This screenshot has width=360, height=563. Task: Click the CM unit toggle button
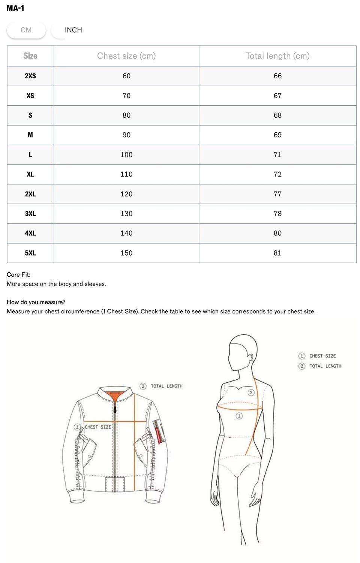pyautogui.click(x=26, y=30)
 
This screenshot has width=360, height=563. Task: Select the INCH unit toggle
pyautogui.click(x=73, y=30)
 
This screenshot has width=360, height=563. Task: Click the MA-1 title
pyautogui.click(x=15, y=8)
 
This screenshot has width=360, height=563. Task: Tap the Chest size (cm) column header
pyautogui.click(x=126, y=56)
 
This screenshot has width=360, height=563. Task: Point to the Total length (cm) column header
pyautogui.click(x=277, y=56)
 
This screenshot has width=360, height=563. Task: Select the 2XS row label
pyautogui.click(x=30, y=76)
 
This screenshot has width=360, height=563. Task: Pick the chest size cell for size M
pyautogui.click(x=126, y=135)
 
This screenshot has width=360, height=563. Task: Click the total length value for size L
pyautogui.click(x=277, y=155)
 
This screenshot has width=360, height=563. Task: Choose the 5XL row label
pyautogui.click(x=30, y=253)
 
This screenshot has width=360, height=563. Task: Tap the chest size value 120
pyautogui.click(x=126, y=194)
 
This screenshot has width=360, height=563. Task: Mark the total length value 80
pyautogui.click(x=277, y=233)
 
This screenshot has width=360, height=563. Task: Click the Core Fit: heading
pyautogui.click(x=19, y=275)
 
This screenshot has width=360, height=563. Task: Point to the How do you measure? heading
pyautogui.click(x=36, y=302)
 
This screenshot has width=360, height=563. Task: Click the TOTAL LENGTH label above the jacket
pyautogui.click(x=166, y=386)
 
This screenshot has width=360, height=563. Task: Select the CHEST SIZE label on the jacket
pyautogui.click(x=97, y=427)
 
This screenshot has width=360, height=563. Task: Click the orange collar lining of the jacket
pyautogui.click(x=115, y=394)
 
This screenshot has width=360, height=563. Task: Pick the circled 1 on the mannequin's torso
pyautogui.click(x=239, y=416)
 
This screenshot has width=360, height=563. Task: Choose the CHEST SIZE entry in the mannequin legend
pyautogui.click(x=322, y=356)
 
